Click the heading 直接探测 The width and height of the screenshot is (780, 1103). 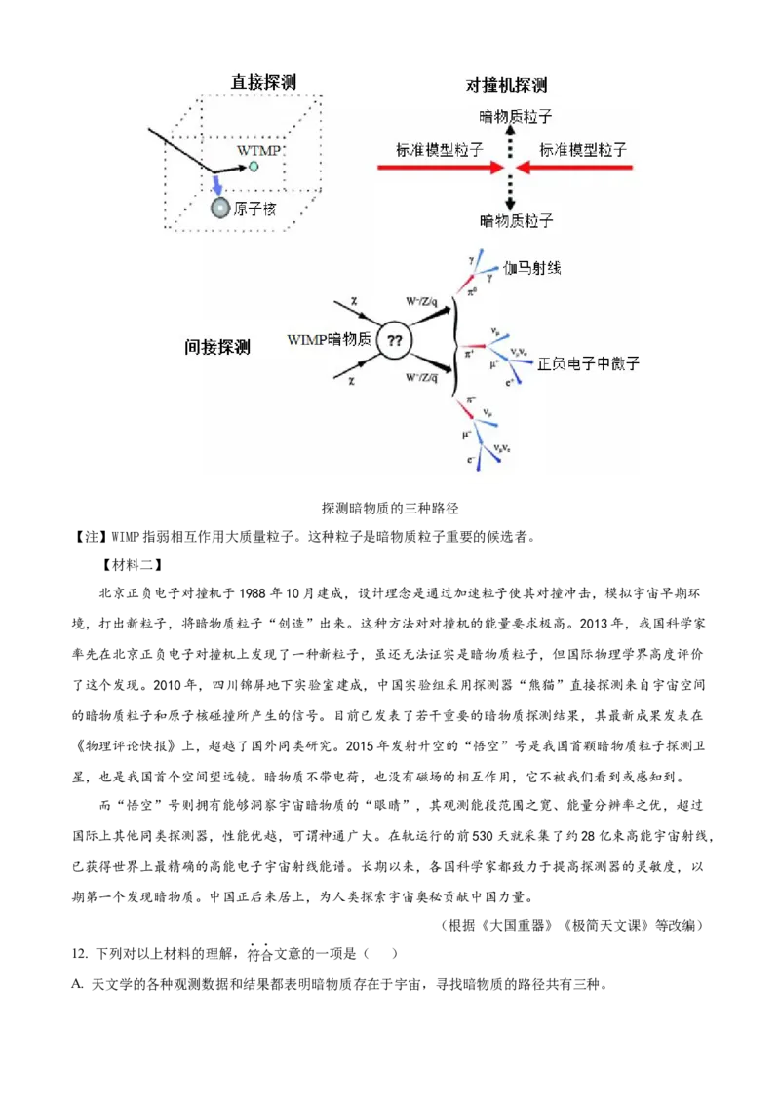(x=262, y=83)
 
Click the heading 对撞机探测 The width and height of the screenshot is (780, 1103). (x=506, y=86)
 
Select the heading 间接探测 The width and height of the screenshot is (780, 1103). (x=217, y=346)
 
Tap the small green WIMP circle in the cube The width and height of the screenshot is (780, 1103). (x=253, y=167)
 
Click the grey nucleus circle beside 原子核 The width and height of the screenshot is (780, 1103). (x=219, y=208)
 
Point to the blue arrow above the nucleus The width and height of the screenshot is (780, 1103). (x=218, y=185)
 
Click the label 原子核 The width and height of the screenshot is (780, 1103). (x=255, y=209)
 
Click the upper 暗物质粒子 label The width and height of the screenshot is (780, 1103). (x=517, y=117)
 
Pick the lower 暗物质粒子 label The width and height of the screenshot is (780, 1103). (x=517, y=221)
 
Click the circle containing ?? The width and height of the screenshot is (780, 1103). (x=395, y=341)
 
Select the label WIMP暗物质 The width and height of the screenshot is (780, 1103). (x=330, y=340)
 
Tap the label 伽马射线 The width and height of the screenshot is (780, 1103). (x=532, y=267)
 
